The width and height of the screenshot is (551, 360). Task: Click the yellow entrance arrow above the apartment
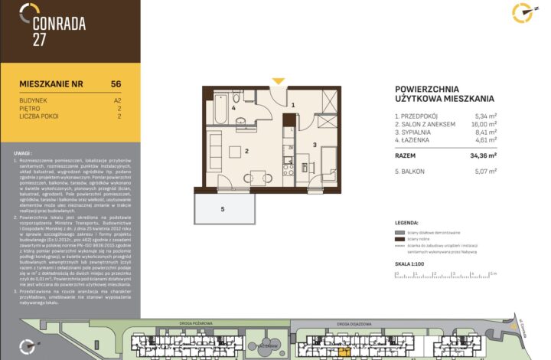point(279,81)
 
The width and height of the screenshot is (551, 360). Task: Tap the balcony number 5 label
point(223,208)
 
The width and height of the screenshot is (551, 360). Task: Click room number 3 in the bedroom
point(314,144)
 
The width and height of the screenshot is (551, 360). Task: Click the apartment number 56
point(116,83)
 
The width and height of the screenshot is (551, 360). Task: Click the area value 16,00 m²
point(484,124)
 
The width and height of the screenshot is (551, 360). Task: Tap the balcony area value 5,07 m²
point(485,171)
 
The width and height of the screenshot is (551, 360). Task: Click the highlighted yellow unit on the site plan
point(343,350)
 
